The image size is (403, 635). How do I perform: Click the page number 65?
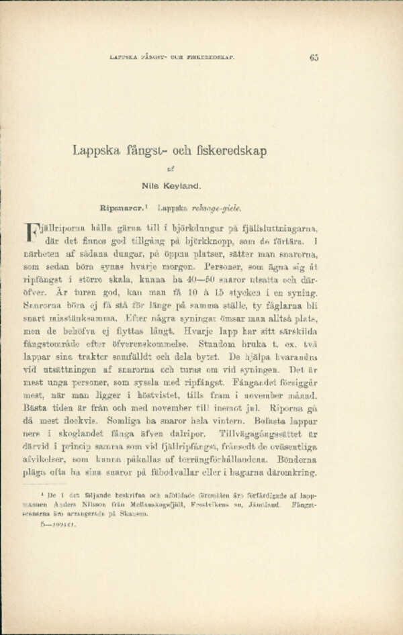click(x=314, y=57)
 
